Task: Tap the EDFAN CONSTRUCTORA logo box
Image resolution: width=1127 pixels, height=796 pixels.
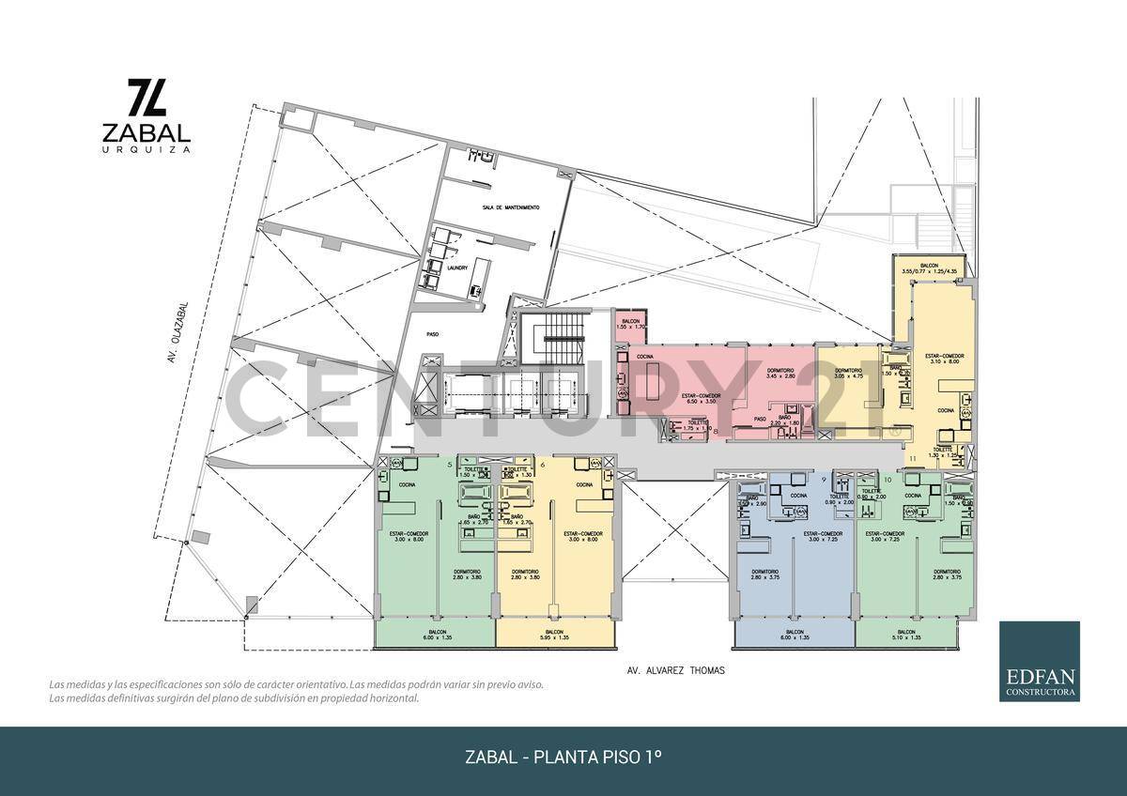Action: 1039,661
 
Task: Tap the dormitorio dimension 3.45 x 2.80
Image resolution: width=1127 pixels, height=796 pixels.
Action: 780,375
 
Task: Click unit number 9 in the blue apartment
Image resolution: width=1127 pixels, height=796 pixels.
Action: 824,480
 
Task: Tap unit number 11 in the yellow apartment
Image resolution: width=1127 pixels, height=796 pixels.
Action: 913,459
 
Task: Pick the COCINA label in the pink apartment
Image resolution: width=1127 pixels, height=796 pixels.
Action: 645,357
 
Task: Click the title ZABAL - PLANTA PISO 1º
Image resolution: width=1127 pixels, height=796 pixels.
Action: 563,757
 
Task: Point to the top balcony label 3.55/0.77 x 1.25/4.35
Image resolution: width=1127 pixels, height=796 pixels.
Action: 929,268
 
